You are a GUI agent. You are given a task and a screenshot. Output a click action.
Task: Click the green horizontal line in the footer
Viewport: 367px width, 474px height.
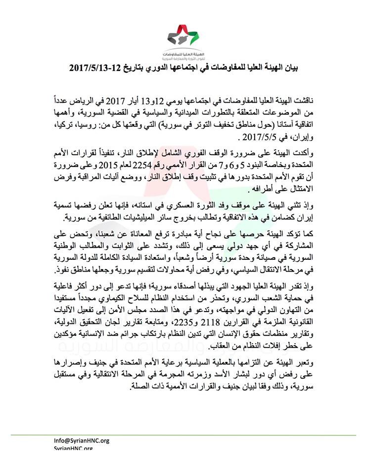pos(183,435)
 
